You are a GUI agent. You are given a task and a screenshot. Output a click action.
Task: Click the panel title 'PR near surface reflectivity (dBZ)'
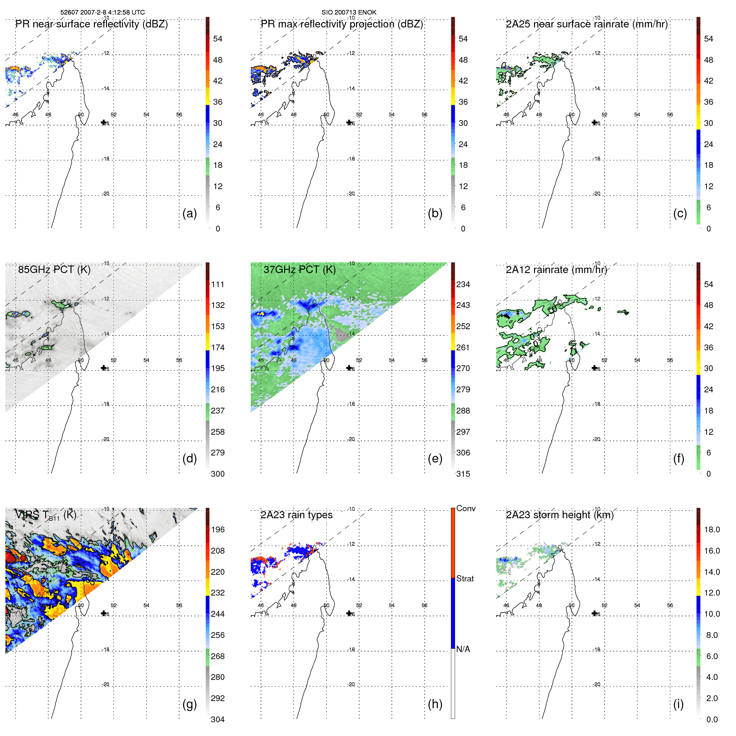click(x=91, y=24)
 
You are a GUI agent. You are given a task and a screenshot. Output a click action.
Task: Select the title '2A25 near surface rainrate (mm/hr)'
click(x=586, y=24)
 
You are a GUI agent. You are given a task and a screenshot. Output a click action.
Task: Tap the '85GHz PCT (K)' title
click(x=54, y=270)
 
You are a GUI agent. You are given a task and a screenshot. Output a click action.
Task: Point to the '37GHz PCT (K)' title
click(x=299, y=270)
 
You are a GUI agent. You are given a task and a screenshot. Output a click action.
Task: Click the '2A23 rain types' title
click(x=296, y=515)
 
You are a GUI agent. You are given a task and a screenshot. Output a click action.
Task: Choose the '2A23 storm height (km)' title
click(x=559, y=515)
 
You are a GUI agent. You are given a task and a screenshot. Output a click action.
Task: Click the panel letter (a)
click(x=190, y=213)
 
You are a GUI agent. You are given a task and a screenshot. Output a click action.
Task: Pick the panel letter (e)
click(x=435, y=458)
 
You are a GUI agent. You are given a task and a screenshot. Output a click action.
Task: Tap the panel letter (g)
click(x=190, y=704)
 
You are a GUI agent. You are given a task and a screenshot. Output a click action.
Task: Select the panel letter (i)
click(x=678, y=704)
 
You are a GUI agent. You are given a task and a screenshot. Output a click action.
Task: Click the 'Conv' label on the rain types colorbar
click(x=465, y=508)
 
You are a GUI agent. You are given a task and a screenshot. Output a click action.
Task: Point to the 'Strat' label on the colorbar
click(x=465, y=578)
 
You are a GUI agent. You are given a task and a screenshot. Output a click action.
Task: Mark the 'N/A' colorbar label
click(x=463, y=649)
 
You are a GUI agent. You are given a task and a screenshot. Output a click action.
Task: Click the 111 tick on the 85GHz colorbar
click(x=218, y=284)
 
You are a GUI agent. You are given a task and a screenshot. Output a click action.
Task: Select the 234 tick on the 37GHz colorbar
click(x=463, y=284)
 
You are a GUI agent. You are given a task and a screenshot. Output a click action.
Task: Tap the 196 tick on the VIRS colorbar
click(x=218, y=529)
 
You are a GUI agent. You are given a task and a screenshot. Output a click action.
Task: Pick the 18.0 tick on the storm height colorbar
click(x=711, y=529)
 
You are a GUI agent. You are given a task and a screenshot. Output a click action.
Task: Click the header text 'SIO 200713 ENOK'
click(x=349, y=12)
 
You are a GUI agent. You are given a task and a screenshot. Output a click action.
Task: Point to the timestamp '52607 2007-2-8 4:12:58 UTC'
click(x=103, y=12)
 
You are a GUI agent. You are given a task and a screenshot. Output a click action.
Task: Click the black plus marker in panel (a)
click(x=104, y=122)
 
